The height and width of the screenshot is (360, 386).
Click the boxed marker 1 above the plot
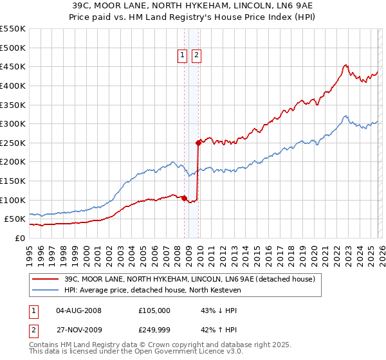pos(183,56)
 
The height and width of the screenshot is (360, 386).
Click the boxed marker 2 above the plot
pos(196,56)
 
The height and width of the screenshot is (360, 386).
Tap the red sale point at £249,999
pos(199,143)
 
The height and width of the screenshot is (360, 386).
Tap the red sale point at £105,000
pos(184,198)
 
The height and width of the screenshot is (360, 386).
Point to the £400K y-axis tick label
pos(13,85)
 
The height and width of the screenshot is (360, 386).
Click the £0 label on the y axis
pos(20,238)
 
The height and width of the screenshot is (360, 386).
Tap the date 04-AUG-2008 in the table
pos(80,310)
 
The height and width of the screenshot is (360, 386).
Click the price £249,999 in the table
pos(154,328)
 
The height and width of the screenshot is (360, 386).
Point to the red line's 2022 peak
pos(345,65)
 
